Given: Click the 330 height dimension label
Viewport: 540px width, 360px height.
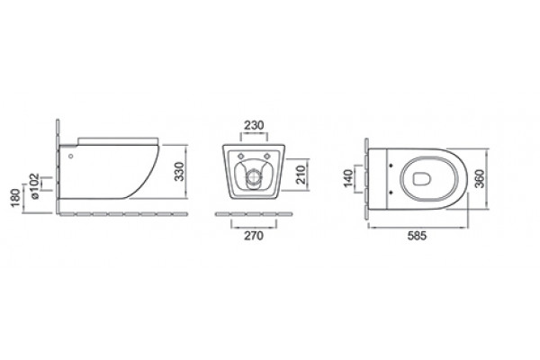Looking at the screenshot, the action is pyautogui.click(x=179, y=172).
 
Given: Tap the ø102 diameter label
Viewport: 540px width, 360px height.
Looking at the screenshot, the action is pyautogui.click(x=35, y=186).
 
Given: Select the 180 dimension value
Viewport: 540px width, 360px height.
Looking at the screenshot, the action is pyautogui.click(x=16, y=198).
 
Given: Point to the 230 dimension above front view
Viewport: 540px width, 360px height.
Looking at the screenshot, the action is pyautogui.click(x=254, y=125).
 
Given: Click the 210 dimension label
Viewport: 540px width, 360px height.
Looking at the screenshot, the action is pyautogui.click(x=301, y=175).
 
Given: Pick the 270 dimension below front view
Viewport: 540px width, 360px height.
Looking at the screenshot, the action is pyautogui.click(x=254, y=236).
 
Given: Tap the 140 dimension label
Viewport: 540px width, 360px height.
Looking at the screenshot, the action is pyautogui.click(x=348, y=178).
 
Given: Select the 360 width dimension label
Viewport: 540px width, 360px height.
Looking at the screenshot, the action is pyautogui.click(x=480, y=178).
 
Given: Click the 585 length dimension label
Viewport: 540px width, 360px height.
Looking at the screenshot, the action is pyautogui.click(x=417, y=236).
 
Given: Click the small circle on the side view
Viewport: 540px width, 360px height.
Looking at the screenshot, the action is pyautogui.click(x=71, y=156).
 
